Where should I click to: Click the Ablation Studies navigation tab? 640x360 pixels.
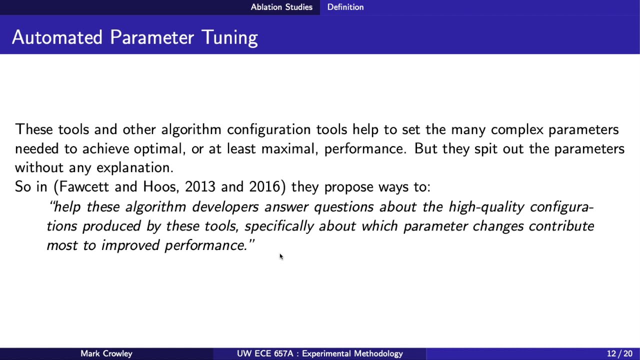281,7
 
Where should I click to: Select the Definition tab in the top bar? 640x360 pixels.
345,7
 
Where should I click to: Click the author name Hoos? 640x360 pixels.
161,187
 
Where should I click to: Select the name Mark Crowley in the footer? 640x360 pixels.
106,353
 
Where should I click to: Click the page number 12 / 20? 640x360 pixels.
619,353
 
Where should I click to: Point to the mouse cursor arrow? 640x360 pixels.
281,256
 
